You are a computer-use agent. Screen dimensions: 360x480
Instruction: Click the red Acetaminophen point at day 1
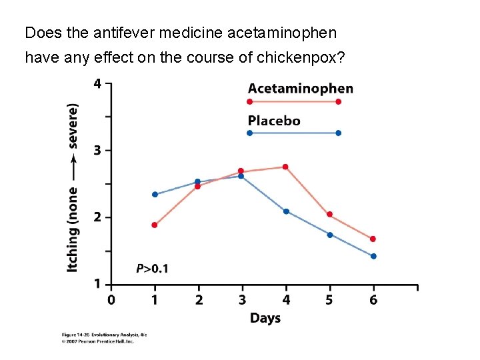point(155,225)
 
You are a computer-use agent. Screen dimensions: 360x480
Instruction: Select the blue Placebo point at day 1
point(155,195)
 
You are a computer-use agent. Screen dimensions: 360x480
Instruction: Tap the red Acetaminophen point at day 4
point(285,167)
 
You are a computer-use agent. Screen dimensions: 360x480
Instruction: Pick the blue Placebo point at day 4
point(286,211)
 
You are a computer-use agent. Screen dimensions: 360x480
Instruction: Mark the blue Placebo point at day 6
point(373,256)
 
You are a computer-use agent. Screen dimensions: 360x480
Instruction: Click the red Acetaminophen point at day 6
point(373,239)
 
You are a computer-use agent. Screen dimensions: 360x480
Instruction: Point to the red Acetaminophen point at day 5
point(329,215)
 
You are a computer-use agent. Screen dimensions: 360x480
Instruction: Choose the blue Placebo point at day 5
point(330,235)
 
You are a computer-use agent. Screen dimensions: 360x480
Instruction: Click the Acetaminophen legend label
point(301,89)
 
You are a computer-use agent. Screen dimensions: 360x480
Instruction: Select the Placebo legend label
point(274,121)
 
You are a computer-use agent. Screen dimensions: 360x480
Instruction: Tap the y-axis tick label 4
point(97,84)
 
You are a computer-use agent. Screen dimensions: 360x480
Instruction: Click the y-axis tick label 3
point(97,151)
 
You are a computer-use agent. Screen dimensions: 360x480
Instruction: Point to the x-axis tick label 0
point(111,300)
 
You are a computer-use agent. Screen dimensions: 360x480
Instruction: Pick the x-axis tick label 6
point(373,300)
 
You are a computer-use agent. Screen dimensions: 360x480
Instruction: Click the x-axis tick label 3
point(243,300)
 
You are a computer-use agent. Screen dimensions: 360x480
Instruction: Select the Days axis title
point(265,318)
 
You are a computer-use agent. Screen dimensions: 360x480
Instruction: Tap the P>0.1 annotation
point(153,269)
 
